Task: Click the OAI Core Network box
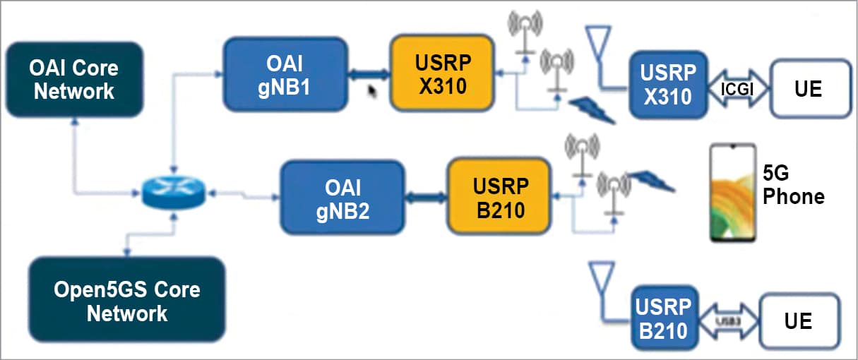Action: coord(73,80)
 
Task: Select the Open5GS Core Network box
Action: coord(127,301)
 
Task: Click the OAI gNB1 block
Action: coord(285,74)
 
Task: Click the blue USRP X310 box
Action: coord(667,84)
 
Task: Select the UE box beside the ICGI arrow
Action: coord(809,89)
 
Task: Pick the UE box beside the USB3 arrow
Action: coord(799,322)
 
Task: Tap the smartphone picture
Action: coord(732,192)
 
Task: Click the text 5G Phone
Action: coord(792,186)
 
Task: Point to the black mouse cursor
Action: coord(372,92)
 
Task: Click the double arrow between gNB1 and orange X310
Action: coord(369,73)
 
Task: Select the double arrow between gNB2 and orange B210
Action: coord(426,199)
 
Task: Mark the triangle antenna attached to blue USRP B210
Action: coord(602,279)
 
